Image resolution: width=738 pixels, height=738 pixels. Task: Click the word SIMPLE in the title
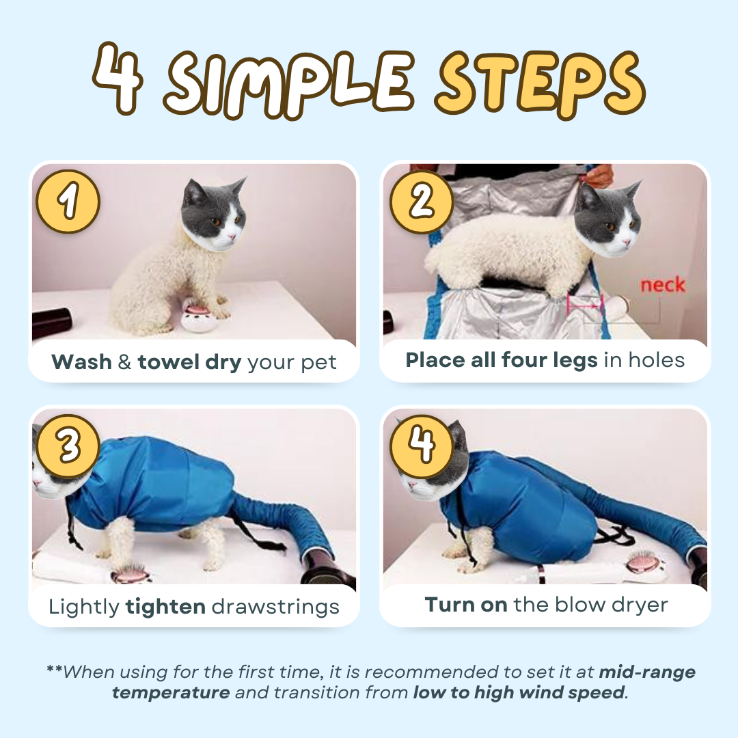tap(289, 83)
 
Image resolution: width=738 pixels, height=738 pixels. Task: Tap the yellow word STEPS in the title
tap(541, 84)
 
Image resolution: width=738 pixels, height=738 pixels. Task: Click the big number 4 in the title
tap(118, 78)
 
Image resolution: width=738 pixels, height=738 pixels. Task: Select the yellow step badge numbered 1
tap(68, 202)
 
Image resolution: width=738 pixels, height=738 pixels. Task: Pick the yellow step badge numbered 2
tap(422, 202)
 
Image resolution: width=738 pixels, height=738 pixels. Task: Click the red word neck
tap(663, 285)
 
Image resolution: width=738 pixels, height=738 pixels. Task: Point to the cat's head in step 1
tap(214, 214)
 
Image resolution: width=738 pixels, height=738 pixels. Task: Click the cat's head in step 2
tap(608, 219)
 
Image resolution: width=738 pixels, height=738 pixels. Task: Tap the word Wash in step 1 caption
tap(81, 362)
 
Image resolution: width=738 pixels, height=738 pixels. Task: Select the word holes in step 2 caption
tap(657, 360)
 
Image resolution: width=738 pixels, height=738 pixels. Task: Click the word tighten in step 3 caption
tap(165, 607)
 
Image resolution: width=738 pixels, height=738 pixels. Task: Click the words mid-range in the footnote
tap(646, 672)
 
